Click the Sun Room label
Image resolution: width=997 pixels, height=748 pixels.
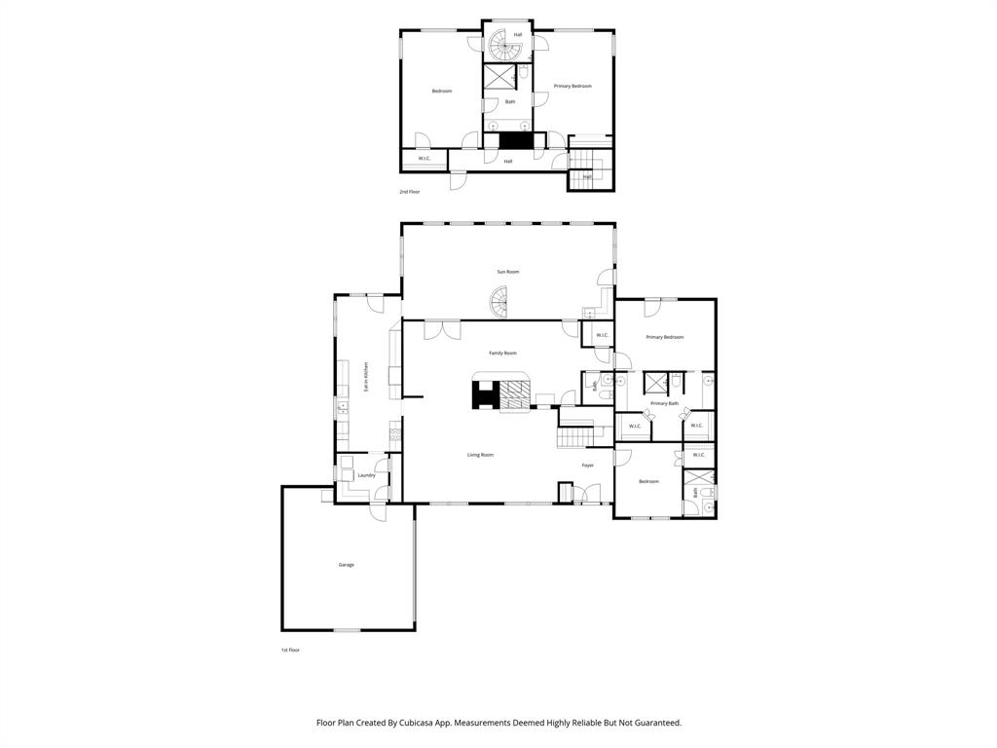(x=507, y=272)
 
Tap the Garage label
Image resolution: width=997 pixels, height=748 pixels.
(x=346, y=565)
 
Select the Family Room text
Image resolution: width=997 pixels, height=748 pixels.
(x=502, y=353)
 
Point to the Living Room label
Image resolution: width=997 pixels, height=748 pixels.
(x=480, y=455)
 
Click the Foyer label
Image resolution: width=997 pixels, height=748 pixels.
(x=587, y=465)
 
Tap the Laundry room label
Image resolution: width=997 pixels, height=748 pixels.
(x=366, y=475)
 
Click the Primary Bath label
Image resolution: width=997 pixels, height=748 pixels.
(x=664, y=403)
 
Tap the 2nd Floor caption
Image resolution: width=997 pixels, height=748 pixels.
(x=410, y=192)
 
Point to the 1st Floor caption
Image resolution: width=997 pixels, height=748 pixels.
(x=290, y=650)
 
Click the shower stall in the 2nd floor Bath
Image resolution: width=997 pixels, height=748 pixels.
(x=500, y=76)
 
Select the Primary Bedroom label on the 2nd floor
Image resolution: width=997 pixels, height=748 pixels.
(x=572, y=86)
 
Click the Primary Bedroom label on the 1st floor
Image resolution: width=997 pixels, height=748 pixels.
(x=664, y=337)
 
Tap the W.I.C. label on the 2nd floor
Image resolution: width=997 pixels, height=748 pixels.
(x=425, y=159)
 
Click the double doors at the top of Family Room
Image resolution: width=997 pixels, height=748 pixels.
(x=442, y=329)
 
